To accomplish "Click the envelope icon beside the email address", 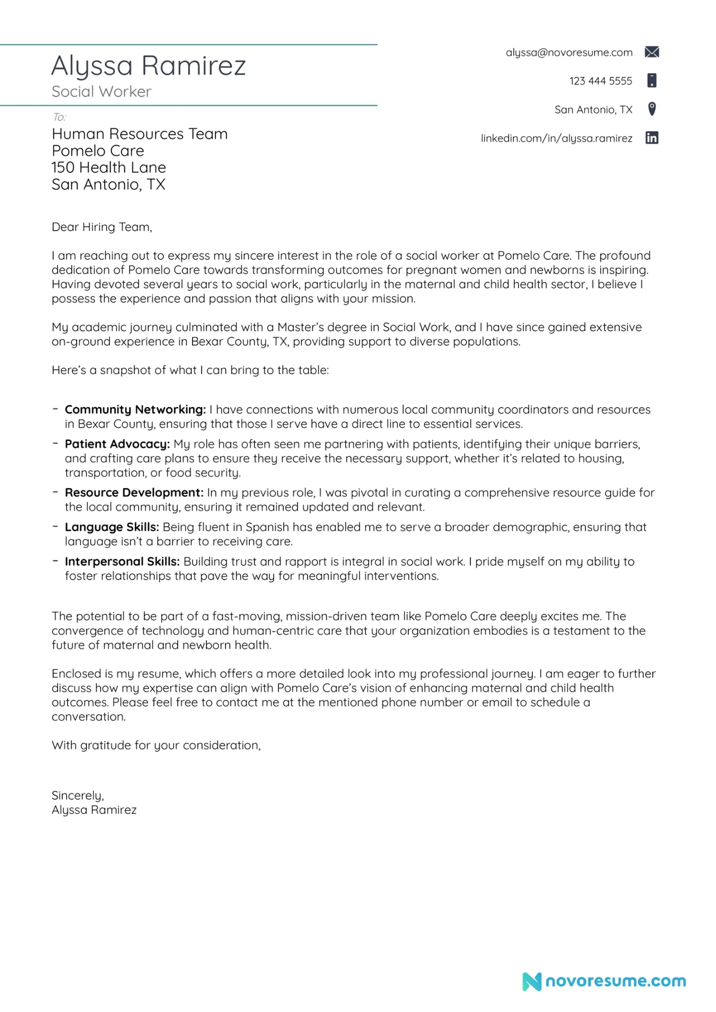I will coord(651,52).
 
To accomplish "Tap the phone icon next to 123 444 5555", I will coord(651,80).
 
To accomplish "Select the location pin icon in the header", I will coord(651,109).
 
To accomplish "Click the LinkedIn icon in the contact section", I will coord(651,138).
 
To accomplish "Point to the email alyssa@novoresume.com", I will coord(569,53).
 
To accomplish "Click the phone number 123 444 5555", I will coord(600,81).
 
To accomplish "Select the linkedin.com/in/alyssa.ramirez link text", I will coord(556,138).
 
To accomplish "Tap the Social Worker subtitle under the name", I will coord(101,92).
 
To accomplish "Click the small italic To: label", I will coord(59,117).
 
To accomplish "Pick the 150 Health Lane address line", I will coord(109,168).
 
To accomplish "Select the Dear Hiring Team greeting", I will coord(101,227).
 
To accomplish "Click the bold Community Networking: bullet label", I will coord(135,409).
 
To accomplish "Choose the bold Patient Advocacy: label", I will coord(117,444).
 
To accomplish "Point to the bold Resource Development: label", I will coord(134,492).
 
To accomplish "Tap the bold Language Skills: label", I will coord(112,527).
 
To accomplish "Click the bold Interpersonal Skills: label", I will coord(122,561).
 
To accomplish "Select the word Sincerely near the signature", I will coord(78,796).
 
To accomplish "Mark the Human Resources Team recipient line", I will coord(139,134).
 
